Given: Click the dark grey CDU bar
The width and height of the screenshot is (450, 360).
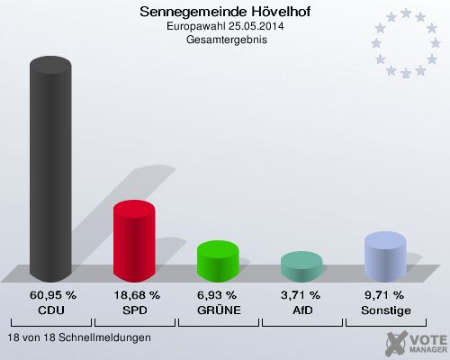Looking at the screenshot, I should coord(51,171).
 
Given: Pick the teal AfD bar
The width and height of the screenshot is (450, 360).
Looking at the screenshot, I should coord(301,266).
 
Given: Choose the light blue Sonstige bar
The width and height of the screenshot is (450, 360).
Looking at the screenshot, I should coord(384,256).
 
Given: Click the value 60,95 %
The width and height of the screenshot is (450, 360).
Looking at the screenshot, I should coord(52,295).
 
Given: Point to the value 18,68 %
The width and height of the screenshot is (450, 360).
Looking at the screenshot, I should coord(136,295).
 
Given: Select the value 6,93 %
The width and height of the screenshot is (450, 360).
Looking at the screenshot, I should coord(218,295).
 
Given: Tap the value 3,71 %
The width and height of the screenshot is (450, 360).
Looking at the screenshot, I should coord(301,295).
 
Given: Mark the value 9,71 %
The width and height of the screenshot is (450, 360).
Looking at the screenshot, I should coord(384,295).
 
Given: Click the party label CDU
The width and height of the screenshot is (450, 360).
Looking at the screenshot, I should coord(52,310).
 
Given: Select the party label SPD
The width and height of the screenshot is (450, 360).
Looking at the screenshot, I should coord(136,310).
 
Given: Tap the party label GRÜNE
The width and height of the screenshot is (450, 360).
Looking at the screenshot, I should coord(218,310).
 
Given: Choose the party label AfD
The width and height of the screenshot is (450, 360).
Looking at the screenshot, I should coord(301,310).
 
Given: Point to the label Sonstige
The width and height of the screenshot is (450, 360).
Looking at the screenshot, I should coord(384,310).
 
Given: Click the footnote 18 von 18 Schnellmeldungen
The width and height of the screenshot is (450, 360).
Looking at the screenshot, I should coord(78,337).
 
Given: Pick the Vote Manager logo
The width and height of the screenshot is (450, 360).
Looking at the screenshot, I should coord(415,342).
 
